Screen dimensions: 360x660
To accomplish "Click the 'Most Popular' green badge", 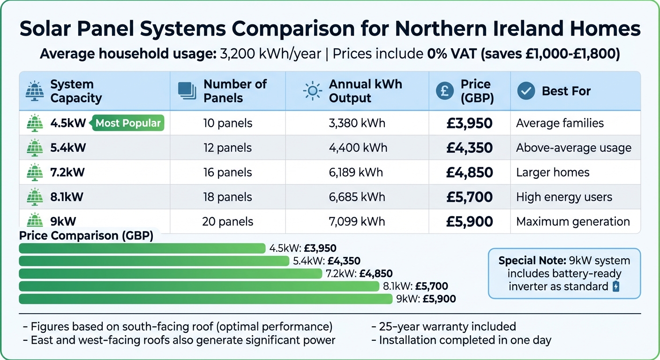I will coord(128,123).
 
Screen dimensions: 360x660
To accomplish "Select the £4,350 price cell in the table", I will coord(469,148).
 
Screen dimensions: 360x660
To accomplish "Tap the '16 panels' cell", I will coord(227,172).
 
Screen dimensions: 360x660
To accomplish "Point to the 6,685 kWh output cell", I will coord(357,197).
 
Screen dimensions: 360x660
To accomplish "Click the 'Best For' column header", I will coord(566,91).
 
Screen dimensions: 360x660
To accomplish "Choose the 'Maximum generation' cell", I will coord(573,222).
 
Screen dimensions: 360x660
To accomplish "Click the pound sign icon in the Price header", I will coord(444,91).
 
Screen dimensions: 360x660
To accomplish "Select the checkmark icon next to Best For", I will coord(526,91).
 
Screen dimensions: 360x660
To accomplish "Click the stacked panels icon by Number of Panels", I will coord(187,91).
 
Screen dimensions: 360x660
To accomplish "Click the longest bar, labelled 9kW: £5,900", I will coord(205,299).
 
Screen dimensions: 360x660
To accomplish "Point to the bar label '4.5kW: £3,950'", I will coord(303,248).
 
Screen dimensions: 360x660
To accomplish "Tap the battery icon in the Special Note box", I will coord(616,286).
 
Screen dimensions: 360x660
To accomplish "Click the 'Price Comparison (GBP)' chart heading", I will coord(86,236).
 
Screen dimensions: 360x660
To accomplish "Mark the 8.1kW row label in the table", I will coord(67,197).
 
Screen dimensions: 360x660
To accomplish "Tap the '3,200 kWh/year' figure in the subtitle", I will coord(270,54).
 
